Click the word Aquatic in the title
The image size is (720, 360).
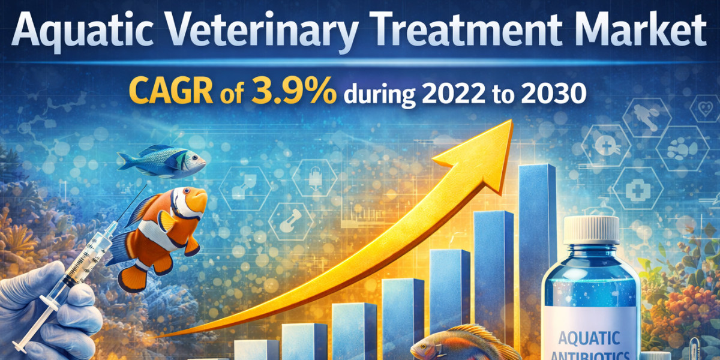coord(82,31)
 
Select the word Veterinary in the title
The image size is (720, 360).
coord(263,31)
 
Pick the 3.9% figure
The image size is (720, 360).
coord(294,91)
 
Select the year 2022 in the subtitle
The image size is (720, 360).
coord(453,94)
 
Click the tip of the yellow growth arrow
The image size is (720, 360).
coord(511,120)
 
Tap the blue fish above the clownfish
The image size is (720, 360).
coord(161,161)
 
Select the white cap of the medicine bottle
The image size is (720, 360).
coord(592,229)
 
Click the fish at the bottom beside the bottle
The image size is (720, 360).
coord(463,344)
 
